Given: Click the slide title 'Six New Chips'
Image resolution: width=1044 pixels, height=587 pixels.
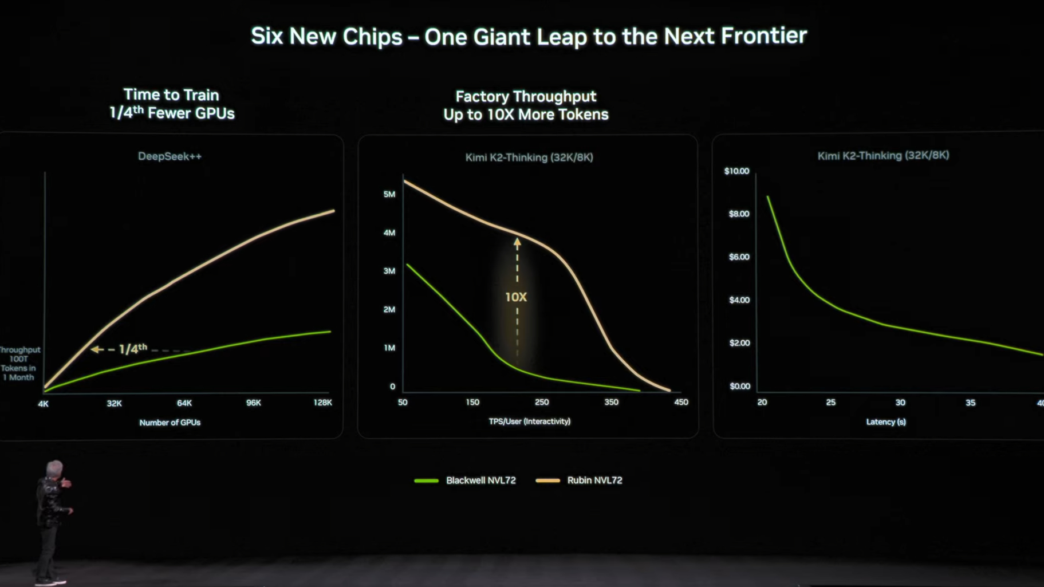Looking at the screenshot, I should pos(529,36).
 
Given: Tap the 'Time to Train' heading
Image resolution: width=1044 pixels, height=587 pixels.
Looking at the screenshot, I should pos(171,95).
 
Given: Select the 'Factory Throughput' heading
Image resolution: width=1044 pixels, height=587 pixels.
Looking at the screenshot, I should pos(526,96).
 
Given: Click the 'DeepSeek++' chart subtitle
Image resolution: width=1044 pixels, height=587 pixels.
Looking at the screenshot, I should pos(170,156).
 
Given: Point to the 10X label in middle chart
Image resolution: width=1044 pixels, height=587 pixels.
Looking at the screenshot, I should pos(516,297).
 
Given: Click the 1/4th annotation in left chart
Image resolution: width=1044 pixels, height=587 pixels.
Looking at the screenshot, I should pos(132,349).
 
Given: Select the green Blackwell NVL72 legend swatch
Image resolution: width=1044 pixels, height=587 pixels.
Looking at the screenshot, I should pos(426,480).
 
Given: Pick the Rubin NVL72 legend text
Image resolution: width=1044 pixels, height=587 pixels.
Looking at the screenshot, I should pos(594,480).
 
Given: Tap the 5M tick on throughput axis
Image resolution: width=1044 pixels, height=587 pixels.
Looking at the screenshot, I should pos(389,194).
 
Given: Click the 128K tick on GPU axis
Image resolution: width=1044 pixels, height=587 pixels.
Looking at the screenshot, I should pos(322,403).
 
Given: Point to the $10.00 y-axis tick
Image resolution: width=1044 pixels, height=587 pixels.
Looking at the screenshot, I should pos(736,171).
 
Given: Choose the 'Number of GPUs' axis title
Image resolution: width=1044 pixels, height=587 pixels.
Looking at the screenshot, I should pos(170,423).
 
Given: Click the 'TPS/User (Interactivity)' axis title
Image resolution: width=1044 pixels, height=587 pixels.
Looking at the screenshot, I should pos(530,421).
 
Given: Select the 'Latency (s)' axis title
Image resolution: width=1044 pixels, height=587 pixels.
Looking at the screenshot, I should pos(886,422).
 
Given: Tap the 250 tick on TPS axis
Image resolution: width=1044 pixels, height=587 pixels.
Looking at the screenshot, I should pos(542,402).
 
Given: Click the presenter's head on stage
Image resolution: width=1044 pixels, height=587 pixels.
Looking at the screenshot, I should pos(54,468).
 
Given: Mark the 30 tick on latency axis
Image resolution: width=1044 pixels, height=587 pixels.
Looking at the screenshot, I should pos(900,403).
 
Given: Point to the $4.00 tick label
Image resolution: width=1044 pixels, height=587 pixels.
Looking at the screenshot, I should pos(739,300).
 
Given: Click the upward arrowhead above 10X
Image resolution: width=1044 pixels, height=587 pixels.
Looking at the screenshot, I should pos(517,243).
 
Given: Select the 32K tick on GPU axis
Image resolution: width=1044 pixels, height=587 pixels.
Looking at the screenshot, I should pos(114,403).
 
